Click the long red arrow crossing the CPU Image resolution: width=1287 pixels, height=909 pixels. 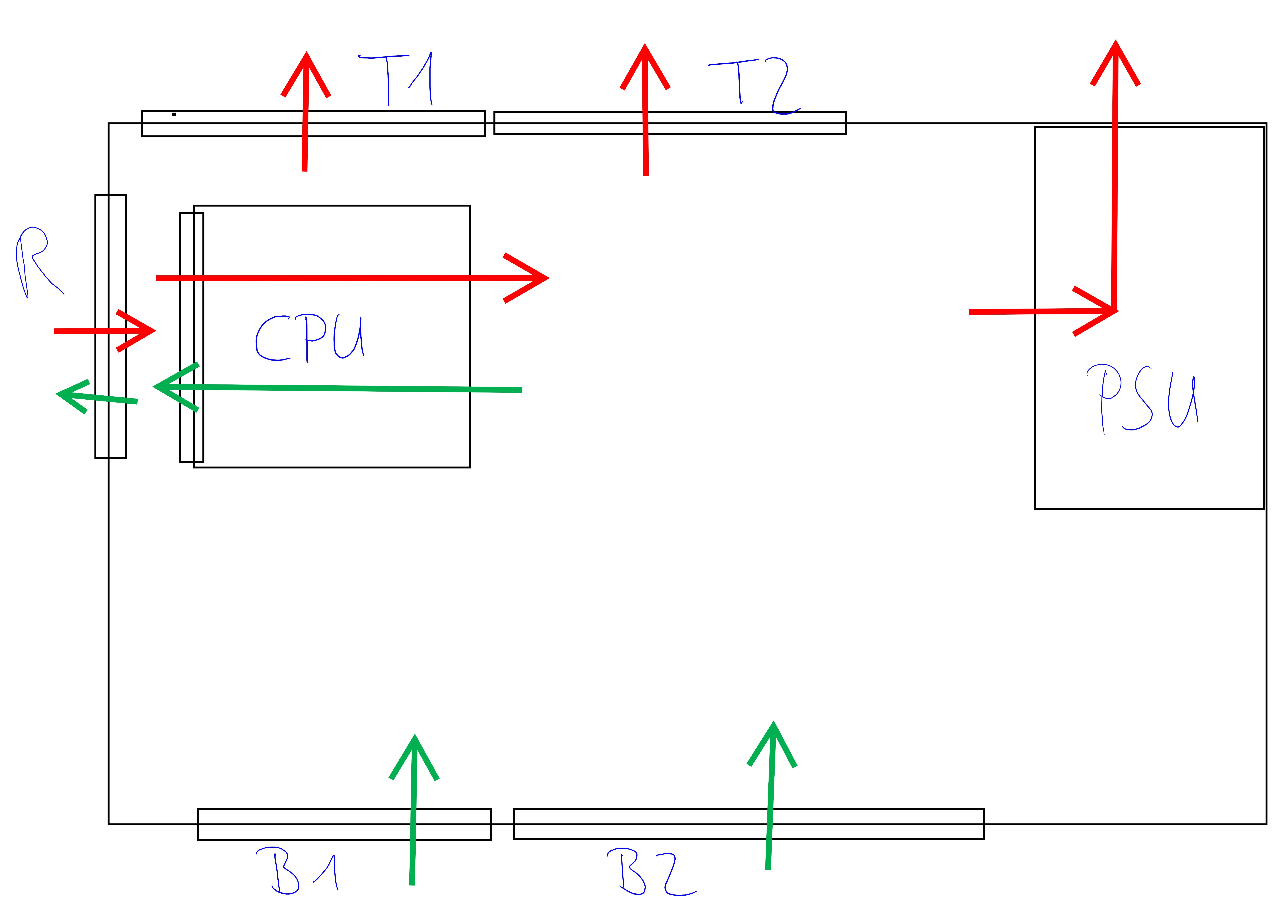point(348,278)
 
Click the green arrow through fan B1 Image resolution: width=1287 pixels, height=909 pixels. point(414,813)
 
